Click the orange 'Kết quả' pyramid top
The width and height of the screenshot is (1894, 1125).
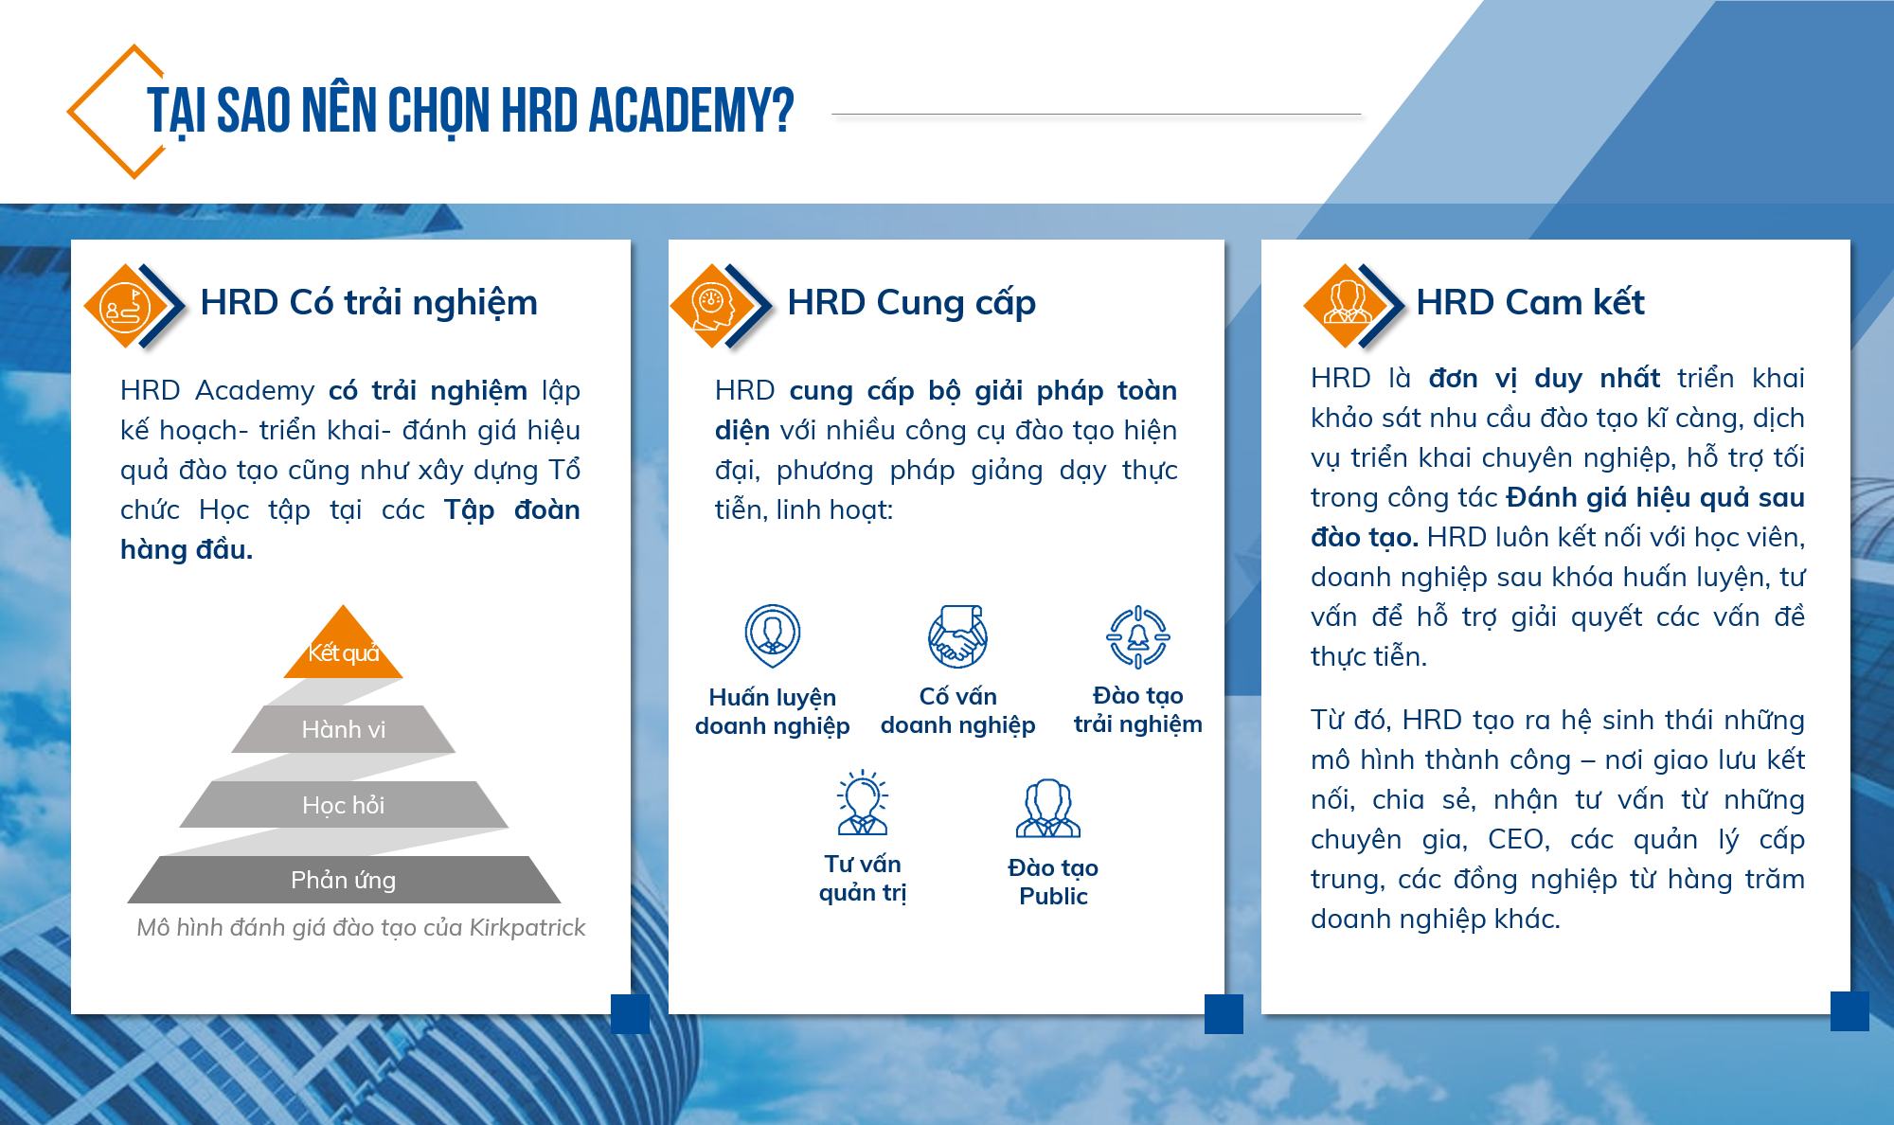tap(344, 646)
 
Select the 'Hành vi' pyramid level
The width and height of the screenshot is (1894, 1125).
tap(344, 729)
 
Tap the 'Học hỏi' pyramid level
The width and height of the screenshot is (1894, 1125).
tap(344, 805)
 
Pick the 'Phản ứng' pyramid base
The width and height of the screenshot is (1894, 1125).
tap(344, 880)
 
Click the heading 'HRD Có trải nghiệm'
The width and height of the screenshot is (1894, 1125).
tap(369, 303)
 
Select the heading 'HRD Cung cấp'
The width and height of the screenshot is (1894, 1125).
tap(912, 303)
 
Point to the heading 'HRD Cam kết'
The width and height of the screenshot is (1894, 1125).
tap(1530, 302)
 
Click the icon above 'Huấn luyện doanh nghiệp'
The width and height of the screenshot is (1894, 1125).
tap(773, 636)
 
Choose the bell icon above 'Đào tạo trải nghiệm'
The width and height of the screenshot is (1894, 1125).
tap(1138, 637)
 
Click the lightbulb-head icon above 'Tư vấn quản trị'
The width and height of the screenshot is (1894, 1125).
tap(862, 802)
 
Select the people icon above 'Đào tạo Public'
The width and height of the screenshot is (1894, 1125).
tap(1048, 808)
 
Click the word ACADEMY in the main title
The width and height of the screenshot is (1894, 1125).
tap(690, 111)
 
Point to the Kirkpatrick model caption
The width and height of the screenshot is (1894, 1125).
tap(361, 928)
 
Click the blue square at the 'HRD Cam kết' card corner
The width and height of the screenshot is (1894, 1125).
tap(1849, 1011)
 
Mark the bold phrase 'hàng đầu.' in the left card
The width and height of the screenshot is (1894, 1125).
tap(187, 549)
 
